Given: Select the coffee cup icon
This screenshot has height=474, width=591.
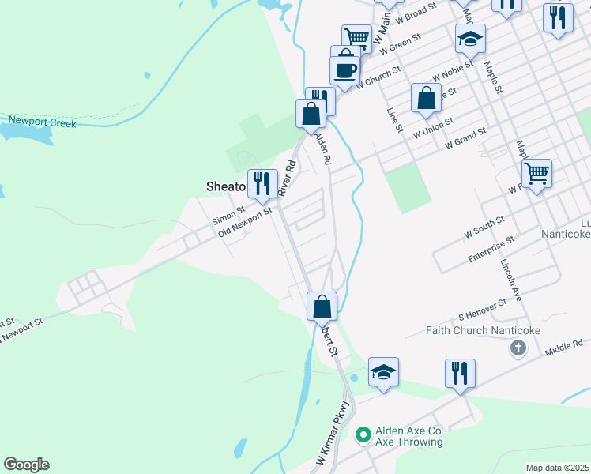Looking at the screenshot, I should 344,70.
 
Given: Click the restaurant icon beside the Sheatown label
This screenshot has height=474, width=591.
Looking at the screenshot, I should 263,184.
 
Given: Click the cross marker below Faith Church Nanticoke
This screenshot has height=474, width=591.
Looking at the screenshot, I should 518,348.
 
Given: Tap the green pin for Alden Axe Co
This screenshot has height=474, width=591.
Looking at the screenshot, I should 363,434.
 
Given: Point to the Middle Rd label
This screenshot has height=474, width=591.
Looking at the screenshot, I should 567,344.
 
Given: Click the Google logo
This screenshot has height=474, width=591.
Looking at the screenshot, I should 26,465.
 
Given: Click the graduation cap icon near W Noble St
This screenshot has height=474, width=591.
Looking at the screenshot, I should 470,38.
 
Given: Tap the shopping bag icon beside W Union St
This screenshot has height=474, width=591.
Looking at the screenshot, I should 426,98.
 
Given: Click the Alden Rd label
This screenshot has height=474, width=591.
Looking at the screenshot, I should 322,149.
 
